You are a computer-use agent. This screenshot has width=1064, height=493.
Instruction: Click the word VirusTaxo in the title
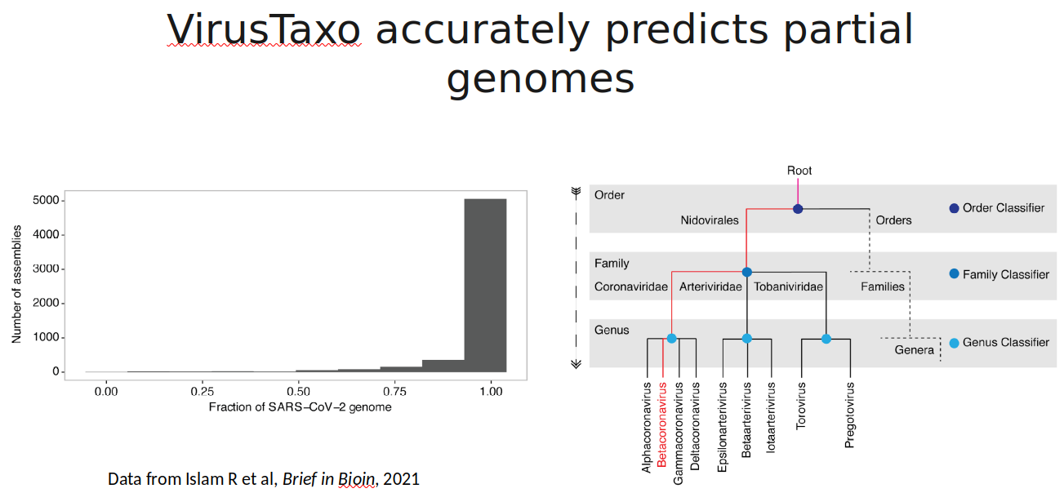click(264, 30)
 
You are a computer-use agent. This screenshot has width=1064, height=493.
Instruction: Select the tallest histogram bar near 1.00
click(485, 285)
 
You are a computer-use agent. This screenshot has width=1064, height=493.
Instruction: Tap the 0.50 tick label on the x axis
click(298, 391)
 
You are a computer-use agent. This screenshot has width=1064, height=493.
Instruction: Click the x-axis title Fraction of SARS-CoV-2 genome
click(300, 406)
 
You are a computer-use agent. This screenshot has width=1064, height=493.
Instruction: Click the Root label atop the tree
click(799, 171)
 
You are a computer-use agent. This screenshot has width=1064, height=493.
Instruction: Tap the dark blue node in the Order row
click(798, 209)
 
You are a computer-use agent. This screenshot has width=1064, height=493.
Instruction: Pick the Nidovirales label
click(710, 220)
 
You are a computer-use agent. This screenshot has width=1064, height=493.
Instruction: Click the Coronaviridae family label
click(631, 286)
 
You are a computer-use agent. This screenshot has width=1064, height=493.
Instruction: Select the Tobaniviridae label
click(788, 286)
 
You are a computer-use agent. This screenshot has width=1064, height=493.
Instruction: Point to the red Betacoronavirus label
click(662, 424)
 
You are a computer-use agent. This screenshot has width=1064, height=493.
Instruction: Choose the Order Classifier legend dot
click(954, 208)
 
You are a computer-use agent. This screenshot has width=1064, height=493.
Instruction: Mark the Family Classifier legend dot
click(954, 274)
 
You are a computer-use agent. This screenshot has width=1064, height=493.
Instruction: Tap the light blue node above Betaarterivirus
click(746, 338)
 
